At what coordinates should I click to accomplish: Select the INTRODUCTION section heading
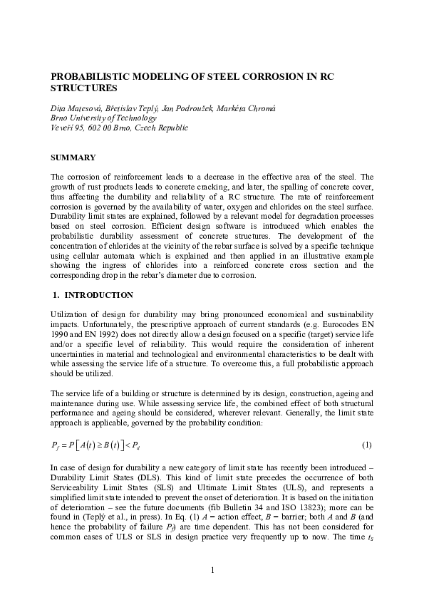tap(98, 294)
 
